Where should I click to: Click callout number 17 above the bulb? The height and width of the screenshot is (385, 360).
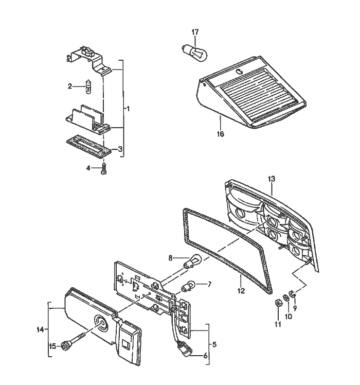195,32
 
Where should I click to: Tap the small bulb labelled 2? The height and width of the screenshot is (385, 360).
90,86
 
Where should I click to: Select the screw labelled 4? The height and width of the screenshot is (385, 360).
104,168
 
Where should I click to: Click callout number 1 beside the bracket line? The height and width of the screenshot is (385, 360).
129,109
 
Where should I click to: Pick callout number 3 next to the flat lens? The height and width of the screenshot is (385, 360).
120,149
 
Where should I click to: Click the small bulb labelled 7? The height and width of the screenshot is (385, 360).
190,284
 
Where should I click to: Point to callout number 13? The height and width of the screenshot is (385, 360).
272,179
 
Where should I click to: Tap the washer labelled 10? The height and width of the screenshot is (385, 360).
286,299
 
